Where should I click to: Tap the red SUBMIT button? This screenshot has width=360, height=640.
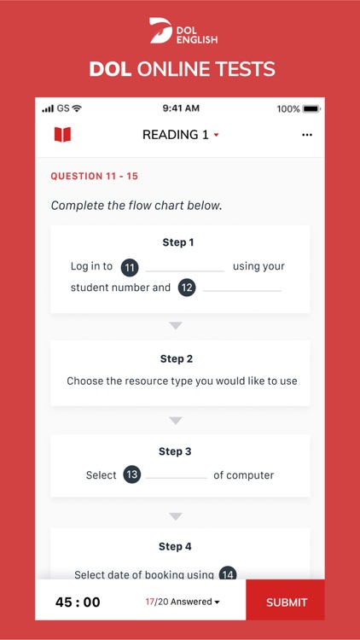click(x=286, y=602)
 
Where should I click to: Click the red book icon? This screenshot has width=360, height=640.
click(x=62, y=135)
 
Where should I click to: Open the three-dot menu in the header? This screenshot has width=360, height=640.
click(x=307, y=135)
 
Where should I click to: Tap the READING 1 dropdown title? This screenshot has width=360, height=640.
click(x=180, y=135)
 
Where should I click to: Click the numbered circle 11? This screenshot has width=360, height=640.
click(x=129, y=267)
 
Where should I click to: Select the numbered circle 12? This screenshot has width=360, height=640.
click(x=187, y=288)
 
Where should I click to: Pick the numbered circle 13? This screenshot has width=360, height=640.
click(x=131, y=475)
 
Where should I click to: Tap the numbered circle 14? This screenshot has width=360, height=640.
click(x=228, y=574)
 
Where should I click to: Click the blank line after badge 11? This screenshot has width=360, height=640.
click(x=185, y=270)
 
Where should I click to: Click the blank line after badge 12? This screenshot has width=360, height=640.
click(x=242, y=290)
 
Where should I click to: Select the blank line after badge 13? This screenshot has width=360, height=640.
click(x=177, y=477)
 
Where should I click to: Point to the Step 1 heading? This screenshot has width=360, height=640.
click(x=178, y=242)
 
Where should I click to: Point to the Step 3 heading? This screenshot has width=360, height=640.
click(x=177, y=451)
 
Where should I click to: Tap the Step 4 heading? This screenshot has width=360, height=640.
click(x=176, y=547)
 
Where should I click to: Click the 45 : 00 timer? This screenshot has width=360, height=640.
click(x=78, y=602)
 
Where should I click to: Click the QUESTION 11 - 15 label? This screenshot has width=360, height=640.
click(x=94, y=177)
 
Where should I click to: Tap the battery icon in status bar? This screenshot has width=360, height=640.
click(x=311, y=109)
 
